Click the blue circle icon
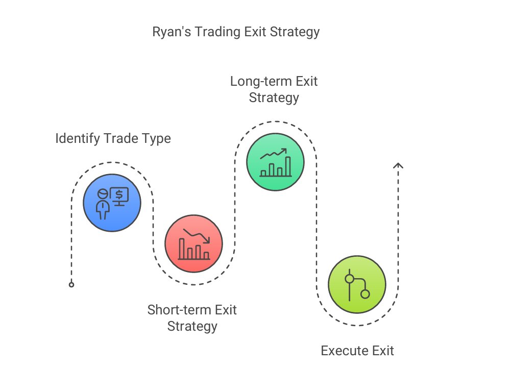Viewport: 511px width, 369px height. [112, 202]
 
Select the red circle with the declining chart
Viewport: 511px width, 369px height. [193, 243]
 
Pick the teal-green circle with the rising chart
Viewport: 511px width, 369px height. [275, 162]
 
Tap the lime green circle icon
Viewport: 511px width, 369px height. [357, 284]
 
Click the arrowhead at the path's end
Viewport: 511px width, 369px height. [398, 165]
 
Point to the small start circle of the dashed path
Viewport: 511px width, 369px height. [71, 284]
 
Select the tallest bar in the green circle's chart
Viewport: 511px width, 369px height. [288, 166]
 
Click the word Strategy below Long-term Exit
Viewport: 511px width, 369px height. [274, 97]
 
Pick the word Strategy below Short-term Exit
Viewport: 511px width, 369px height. [192, 326]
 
